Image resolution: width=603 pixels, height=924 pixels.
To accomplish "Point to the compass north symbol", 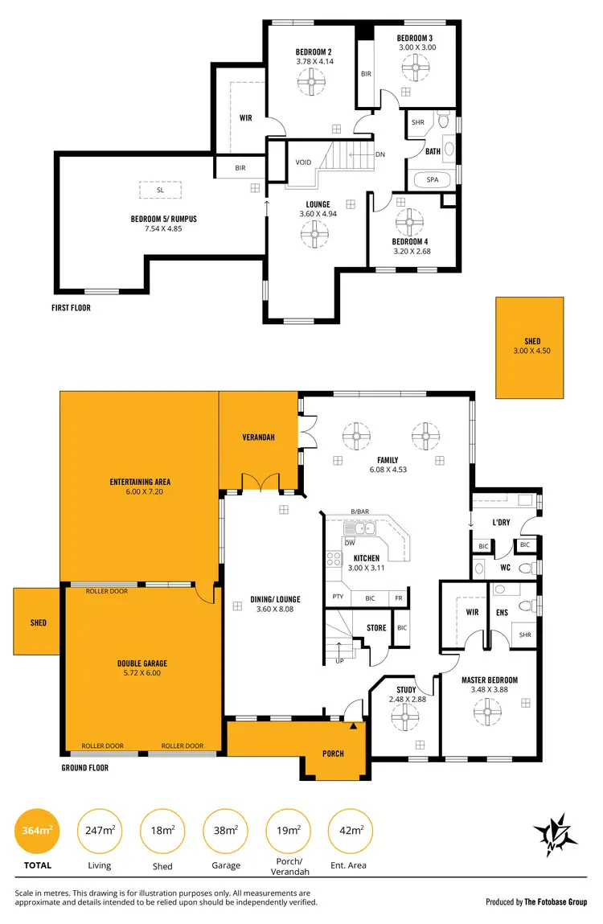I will point(555,832).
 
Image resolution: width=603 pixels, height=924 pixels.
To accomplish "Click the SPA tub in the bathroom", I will point(433,179).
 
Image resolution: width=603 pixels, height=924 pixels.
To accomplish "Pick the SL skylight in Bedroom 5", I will point(161,190).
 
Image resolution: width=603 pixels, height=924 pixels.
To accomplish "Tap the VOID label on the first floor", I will point(303,162).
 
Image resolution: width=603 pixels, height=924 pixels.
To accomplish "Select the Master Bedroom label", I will point(489,680).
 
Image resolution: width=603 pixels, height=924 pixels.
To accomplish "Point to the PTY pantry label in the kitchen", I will point(338,598).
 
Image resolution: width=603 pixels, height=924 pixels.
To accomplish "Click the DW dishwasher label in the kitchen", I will point(350,542).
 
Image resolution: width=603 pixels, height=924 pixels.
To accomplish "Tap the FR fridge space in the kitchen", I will point(398,598).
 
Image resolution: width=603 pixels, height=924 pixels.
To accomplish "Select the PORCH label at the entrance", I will point(333,754).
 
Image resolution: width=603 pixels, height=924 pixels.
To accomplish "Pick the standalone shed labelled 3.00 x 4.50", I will point(530,347).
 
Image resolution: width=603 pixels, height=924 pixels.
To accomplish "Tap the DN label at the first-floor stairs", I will point(380,155).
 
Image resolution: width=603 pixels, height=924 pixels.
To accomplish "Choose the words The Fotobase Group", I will point(556,902).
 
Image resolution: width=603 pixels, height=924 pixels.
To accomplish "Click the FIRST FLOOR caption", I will point(72,307).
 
